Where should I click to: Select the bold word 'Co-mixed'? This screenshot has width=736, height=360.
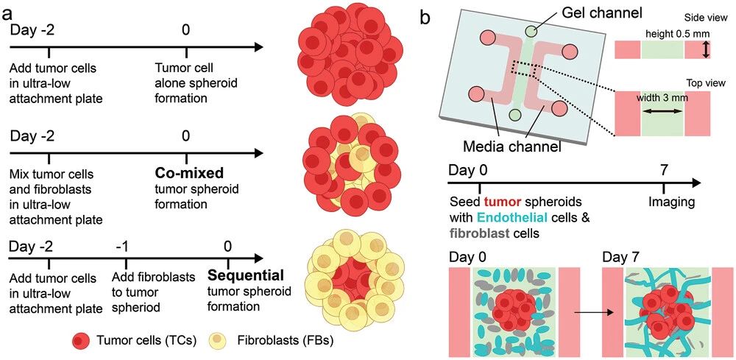click(184, 174)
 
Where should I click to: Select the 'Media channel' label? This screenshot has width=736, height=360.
click(513, 147)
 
